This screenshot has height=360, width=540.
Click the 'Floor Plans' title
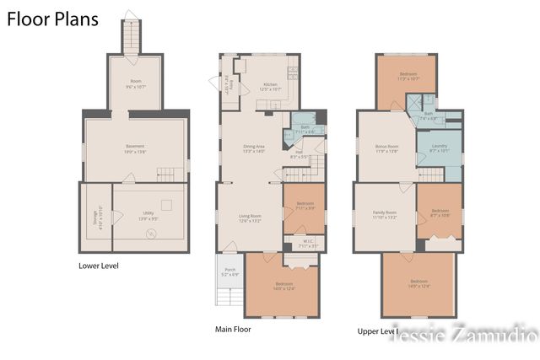pos(52,19)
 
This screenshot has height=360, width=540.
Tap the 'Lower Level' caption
pos(98,266)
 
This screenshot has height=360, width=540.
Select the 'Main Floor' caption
pos(233,330)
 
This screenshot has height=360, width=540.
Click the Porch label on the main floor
pos(229,272)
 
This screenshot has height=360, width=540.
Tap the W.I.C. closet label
pos(309,240)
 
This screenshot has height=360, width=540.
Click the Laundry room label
pos(439,148)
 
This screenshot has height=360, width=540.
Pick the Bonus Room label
pos(386,148)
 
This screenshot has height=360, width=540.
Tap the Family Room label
pos(384,214)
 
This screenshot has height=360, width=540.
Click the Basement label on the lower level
pos(135,148)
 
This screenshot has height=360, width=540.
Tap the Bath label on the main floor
pos(305,130)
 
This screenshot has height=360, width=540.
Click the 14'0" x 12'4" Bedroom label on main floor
pos(283,287)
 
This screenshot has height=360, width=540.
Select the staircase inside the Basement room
pos(171,175)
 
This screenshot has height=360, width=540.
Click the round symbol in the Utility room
pos(151,234)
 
